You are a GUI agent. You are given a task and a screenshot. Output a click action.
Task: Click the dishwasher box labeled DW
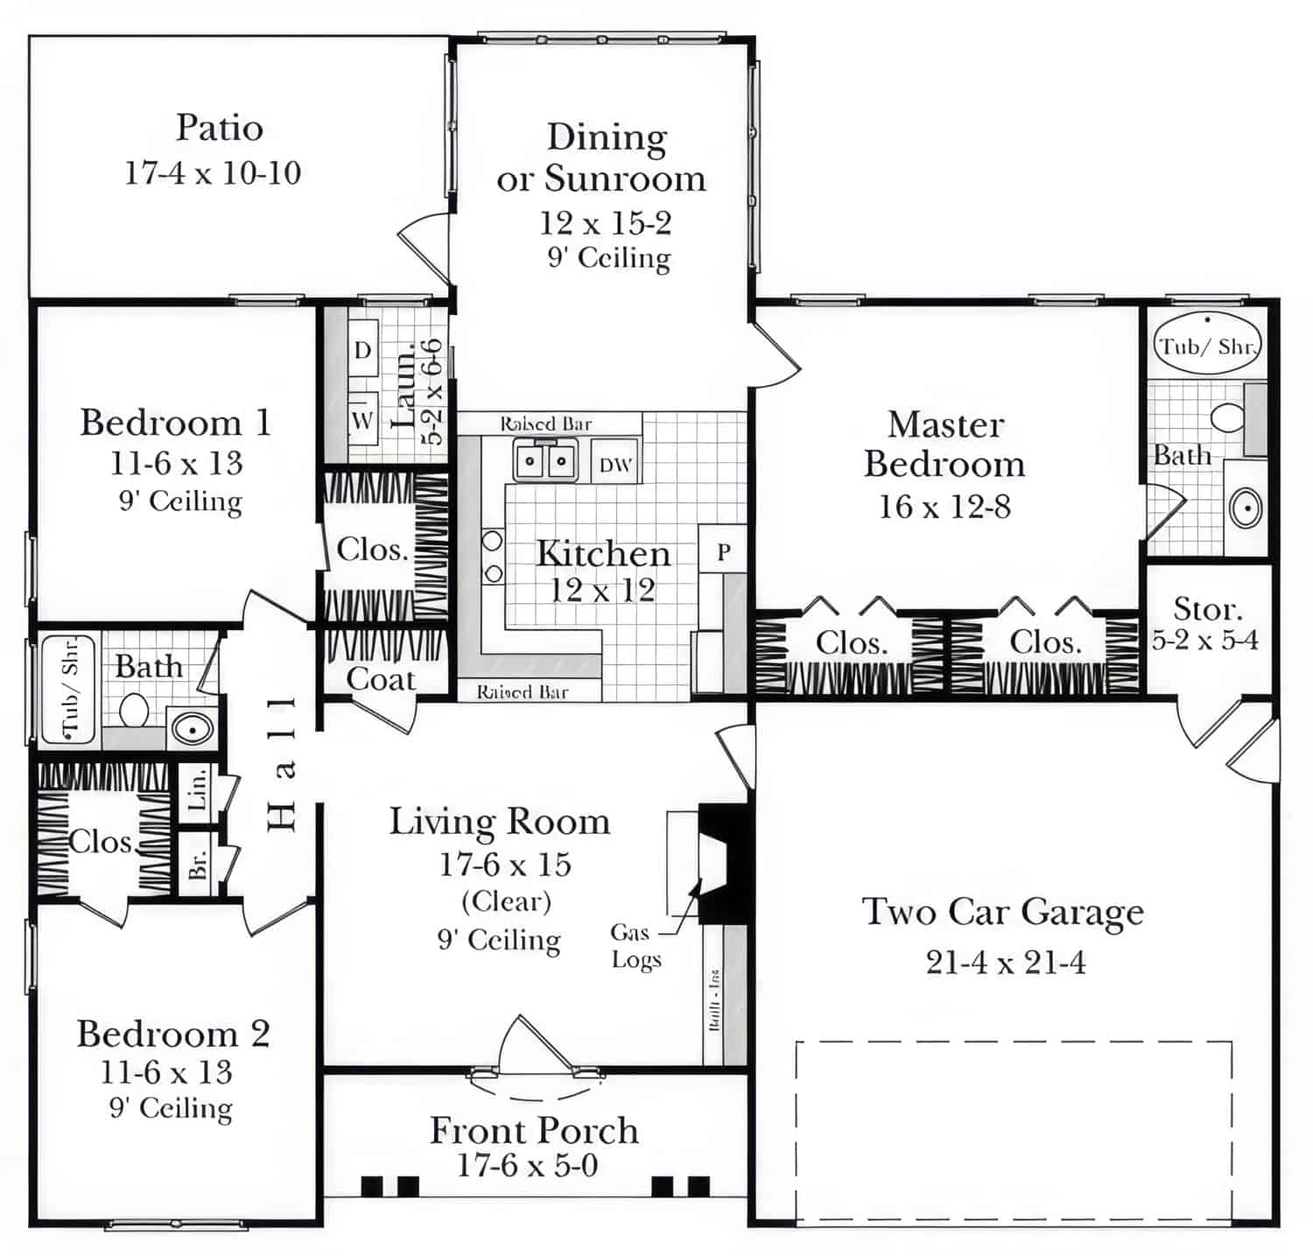coord(615,464)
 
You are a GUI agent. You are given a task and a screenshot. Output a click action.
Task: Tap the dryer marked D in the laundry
coord(362,351)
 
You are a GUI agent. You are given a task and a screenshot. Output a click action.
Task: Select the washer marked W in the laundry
coord(362,420)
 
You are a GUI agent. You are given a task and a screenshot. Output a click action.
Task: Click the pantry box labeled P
coord(723,551)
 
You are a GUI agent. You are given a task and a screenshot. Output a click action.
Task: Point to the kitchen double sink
coord(544,460)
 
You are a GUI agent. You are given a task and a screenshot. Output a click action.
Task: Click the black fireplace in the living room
coord(723,863)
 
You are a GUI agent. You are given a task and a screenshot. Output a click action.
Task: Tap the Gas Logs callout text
coord(635,946)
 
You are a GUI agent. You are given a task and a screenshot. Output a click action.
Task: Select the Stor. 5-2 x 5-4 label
coord(1205,624)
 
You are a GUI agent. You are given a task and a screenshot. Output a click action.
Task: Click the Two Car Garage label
coord(1003,912)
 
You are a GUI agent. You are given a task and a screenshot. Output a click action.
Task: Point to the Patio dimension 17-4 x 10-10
coord(213,172)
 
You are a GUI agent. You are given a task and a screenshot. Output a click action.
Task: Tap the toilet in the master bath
coord(1227,417)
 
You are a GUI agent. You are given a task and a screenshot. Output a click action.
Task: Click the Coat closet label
coord(380,679)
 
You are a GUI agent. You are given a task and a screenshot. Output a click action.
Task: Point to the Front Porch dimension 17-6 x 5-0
coord(528,1165)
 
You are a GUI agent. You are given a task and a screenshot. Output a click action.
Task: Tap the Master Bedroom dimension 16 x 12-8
coord(944,506)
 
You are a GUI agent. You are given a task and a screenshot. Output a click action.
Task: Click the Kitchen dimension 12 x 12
coord(602,590)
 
